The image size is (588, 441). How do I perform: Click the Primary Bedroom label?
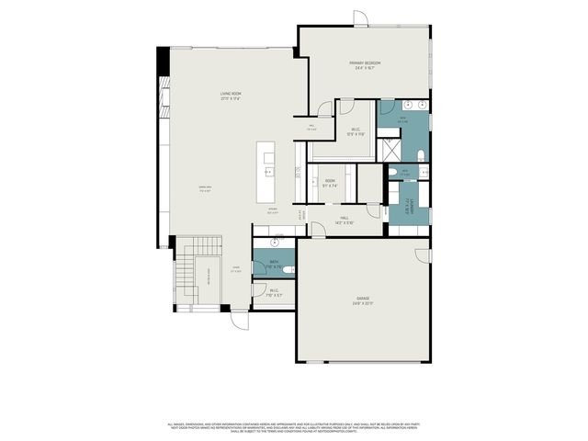(365, 62)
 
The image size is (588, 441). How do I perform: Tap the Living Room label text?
(231, 94)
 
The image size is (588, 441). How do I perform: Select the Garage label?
(364, 299)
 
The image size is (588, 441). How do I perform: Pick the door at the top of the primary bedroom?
(360, 17)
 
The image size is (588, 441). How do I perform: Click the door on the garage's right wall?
(424, 254)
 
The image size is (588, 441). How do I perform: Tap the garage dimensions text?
(364, 304)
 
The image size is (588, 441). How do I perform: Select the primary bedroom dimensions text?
(365, 68)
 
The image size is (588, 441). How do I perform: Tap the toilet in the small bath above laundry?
(392, 172)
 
